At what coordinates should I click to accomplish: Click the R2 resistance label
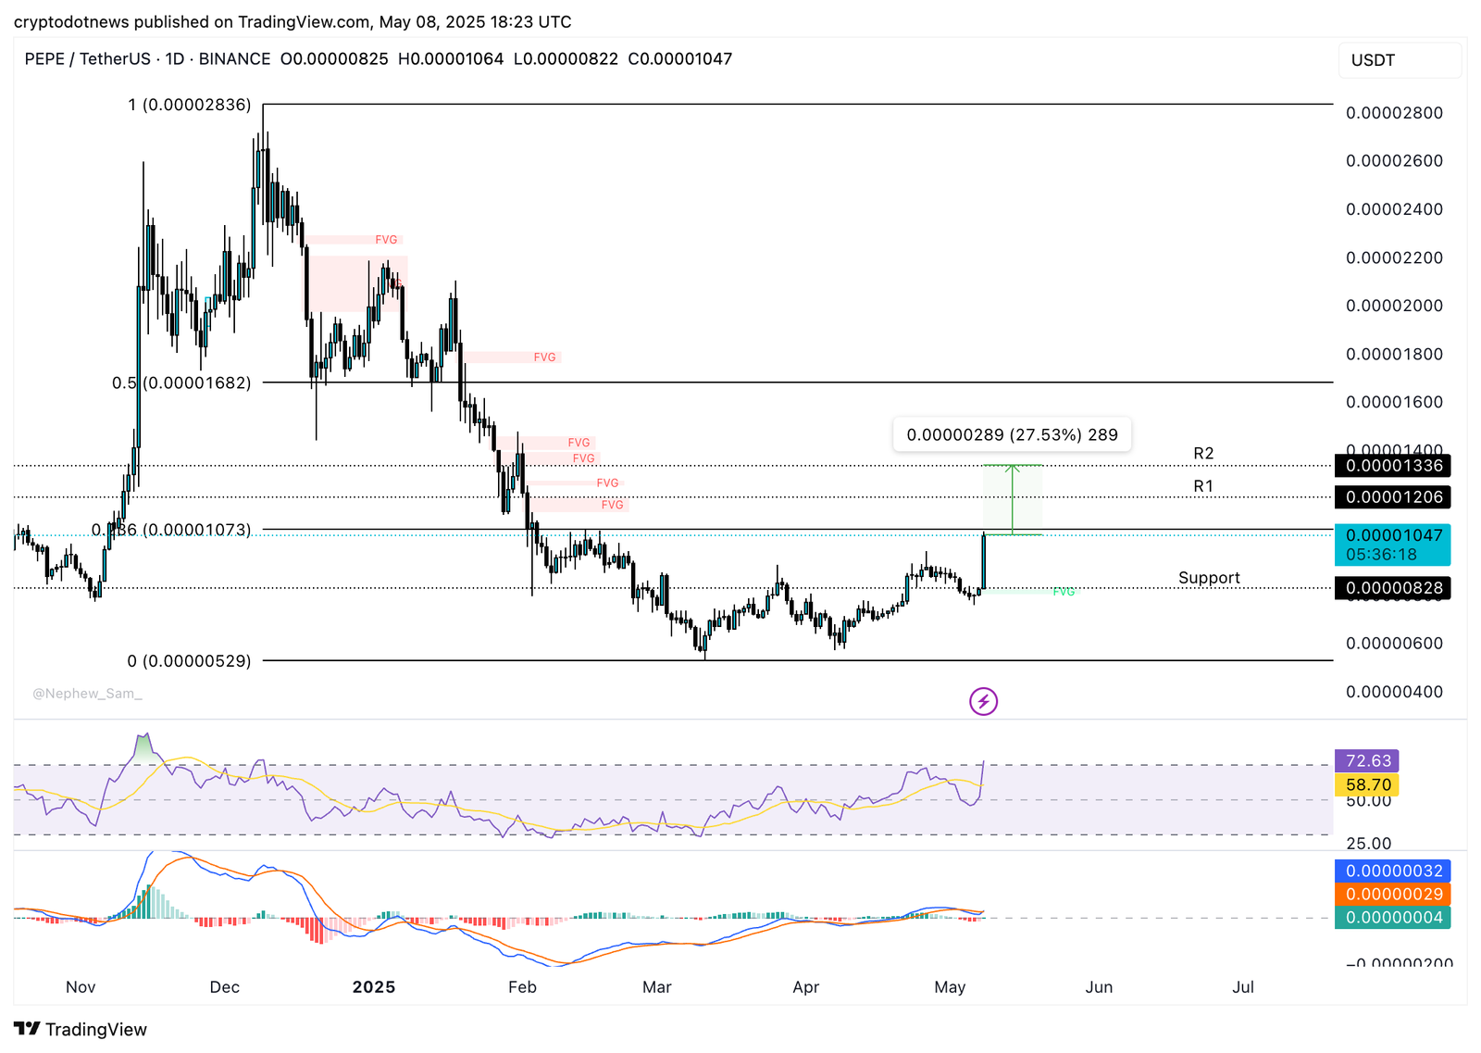[1202, 454]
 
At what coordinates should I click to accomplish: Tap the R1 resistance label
[1202, 486]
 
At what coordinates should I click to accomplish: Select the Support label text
[1209, 578]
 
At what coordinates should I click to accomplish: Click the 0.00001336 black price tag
[1393, 466]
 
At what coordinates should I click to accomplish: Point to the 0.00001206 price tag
[1393, 497]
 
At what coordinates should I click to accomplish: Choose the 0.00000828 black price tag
[1393, 588]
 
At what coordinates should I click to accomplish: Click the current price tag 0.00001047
[1393, 536]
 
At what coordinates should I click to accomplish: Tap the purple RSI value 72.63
[1367, 761]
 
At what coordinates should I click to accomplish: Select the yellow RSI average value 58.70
[1367, 785]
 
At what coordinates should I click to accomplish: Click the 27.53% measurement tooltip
[1012, 434]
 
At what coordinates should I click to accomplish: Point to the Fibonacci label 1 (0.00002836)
[190, 106]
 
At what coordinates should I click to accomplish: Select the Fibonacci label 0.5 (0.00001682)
[181, 383]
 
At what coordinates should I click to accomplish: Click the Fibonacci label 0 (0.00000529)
[189, 661]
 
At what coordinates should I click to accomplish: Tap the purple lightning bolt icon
[983, 701]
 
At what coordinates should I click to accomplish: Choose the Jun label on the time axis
[1099, 987]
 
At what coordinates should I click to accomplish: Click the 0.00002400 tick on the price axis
[1394, 209]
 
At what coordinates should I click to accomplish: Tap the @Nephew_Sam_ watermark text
[87, 694]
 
